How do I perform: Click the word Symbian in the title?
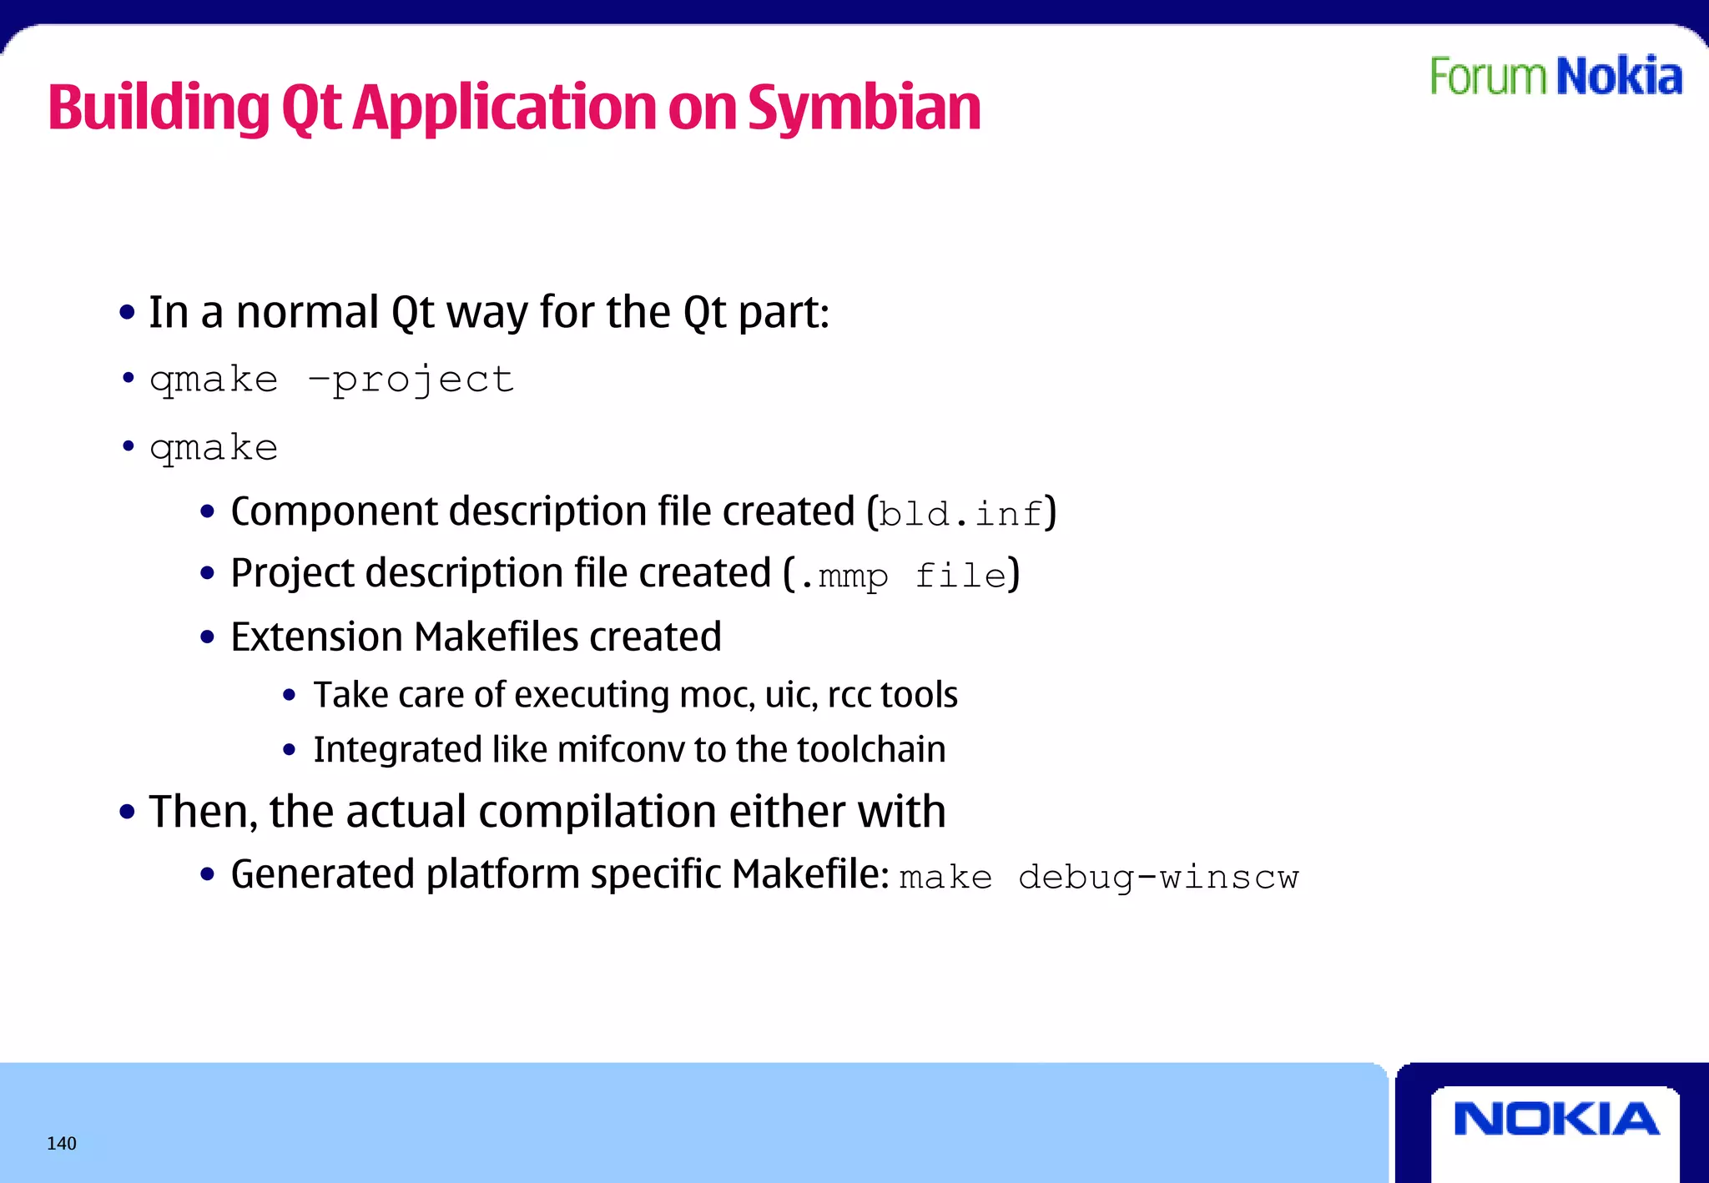point(864,108)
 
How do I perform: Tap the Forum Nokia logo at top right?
point(1555,77)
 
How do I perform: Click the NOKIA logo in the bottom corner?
point(1555,1119)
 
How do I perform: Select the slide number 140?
point(62,1144)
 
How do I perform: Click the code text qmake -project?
point(331,380)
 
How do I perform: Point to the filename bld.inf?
point(961,514)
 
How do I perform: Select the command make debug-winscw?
point(1098,878)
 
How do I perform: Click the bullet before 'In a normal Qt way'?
point(127,313)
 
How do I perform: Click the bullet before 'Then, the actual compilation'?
point(127,812)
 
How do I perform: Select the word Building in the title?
point(159,108)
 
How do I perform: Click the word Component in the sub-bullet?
point(334,511)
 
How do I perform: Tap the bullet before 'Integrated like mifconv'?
point(289,750)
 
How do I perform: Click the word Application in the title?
point(505,108)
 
